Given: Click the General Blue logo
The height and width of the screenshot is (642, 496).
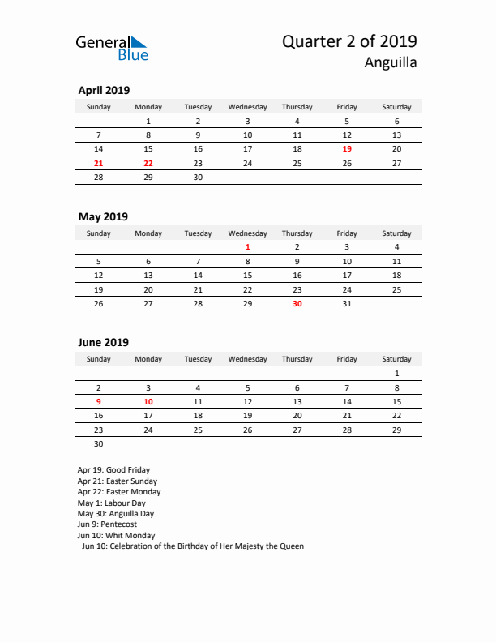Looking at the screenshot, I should pos(112,48).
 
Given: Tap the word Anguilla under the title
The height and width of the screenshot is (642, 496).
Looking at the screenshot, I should pos(391,62).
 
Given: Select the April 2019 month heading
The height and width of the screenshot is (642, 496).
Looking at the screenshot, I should pos(104,91).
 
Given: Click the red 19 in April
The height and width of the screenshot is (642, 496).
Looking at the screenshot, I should pos(347,149).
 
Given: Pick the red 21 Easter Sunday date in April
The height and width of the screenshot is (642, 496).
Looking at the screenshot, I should pos(99,163).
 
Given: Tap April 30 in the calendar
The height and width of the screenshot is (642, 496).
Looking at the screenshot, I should pos(198,177).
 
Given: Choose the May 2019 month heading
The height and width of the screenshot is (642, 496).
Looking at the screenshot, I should pos(103,217).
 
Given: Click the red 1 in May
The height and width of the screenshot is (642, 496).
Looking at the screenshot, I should pos(248,247).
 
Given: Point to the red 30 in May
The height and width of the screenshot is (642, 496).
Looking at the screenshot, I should pos(297,303).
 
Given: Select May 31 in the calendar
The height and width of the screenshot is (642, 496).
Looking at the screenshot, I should pos(347,303).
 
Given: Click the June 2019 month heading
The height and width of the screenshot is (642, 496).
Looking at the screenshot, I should pos(103,343).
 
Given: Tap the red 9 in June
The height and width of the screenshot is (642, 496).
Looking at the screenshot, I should pos(99,401).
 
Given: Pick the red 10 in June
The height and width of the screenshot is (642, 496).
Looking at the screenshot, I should pos(148,401).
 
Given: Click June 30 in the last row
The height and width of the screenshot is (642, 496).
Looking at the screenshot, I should pos(99,443).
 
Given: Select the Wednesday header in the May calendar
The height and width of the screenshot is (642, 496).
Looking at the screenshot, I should pos(248,233).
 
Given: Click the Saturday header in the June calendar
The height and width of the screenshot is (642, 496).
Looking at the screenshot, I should pos(396,359).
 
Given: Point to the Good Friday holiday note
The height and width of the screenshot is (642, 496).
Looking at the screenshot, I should pos(113,470).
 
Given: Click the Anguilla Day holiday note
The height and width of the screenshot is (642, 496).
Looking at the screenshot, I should pos(115,514).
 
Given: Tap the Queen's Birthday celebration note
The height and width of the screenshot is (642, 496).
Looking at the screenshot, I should pos(193,546).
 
